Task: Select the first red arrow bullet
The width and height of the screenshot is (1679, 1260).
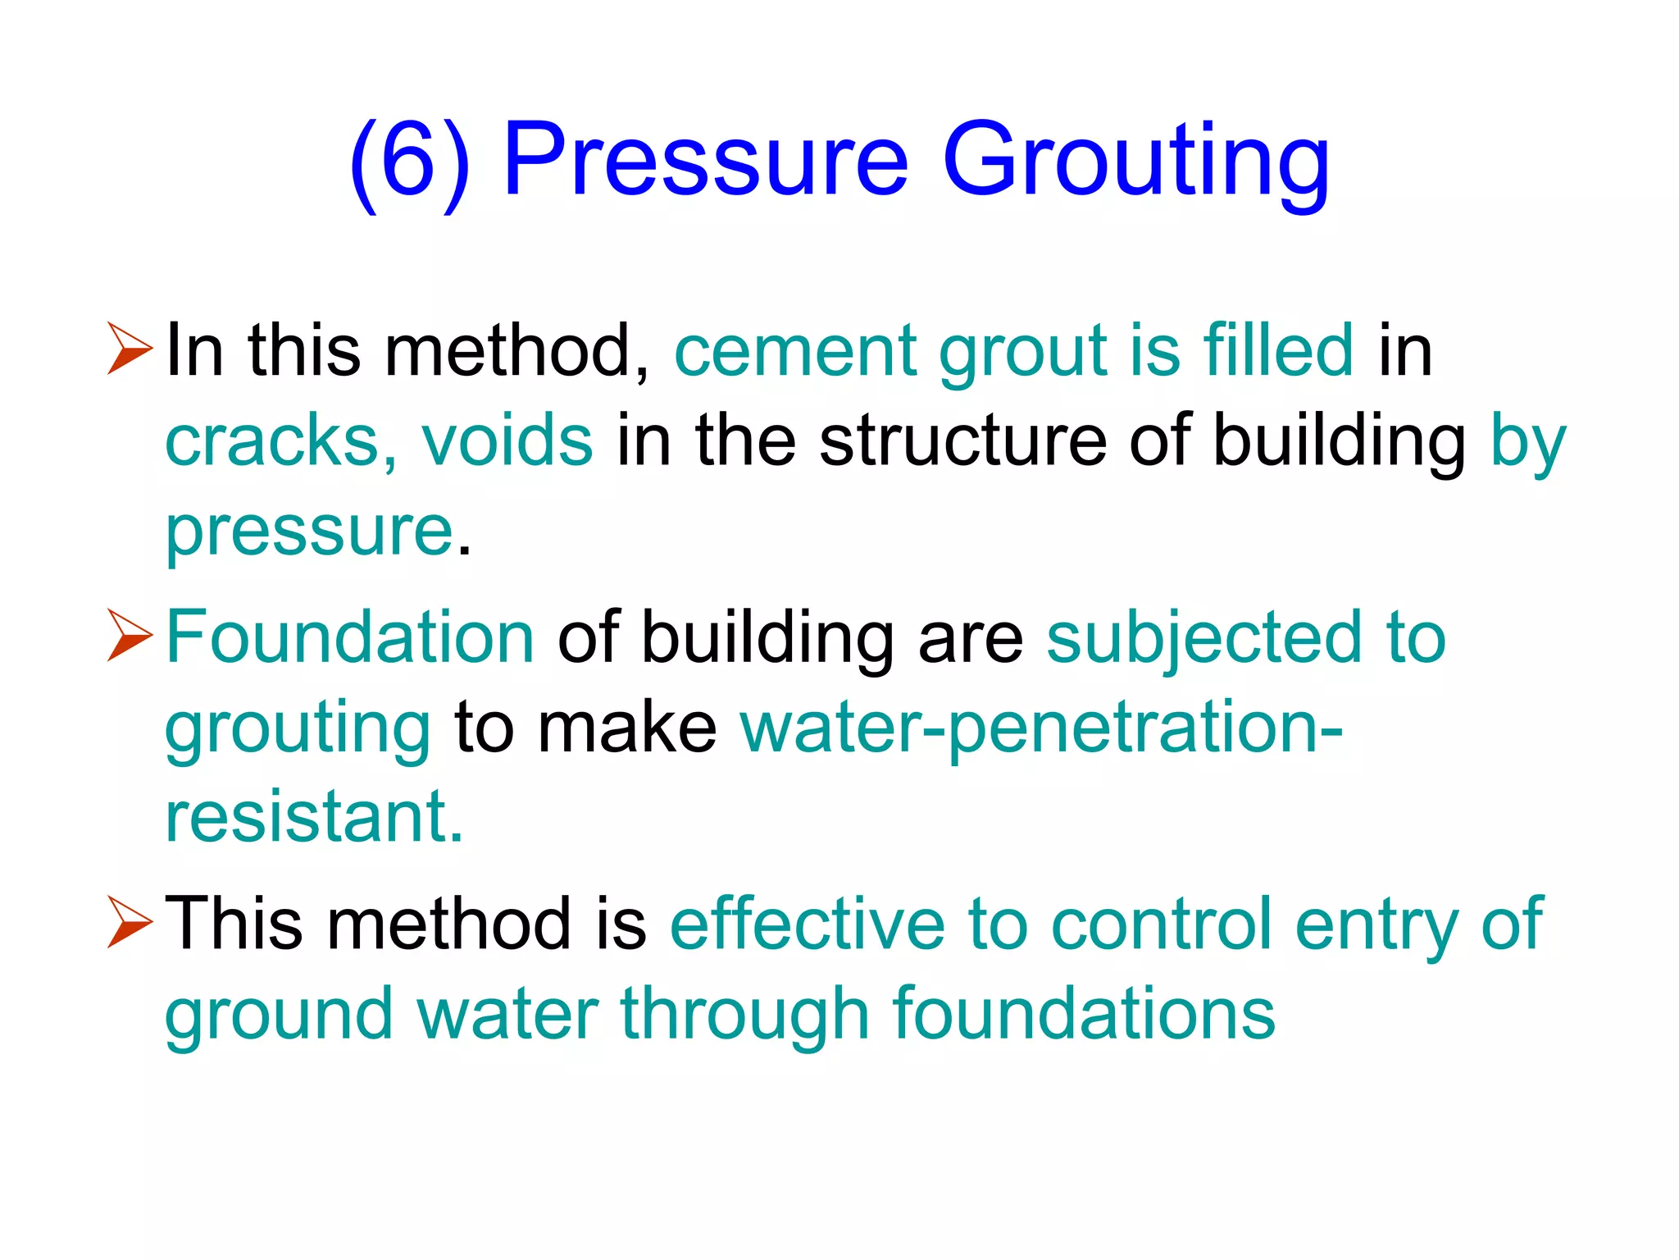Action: click(130, 349)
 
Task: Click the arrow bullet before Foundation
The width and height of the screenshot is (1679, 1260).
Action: click(130, 636)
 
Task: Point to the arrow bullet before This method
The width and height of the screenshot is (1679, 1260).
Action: click(130, 922)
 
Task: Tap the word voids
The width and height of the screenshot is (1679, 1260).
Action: click(507, 441)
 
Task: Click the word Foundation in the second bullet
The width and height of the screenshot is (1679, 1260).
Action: click(350, 637)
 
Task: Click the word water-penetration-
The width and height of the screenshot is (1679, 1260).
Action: click(1040, 728)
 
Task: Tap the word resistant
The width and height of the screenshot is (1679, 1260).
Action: click(314, 817)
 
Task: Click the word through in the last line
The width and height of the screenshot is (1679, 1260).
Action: click(744, 1016)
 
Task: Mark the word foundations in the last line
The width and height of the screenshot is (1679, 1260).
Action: click(1083, 1014)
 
